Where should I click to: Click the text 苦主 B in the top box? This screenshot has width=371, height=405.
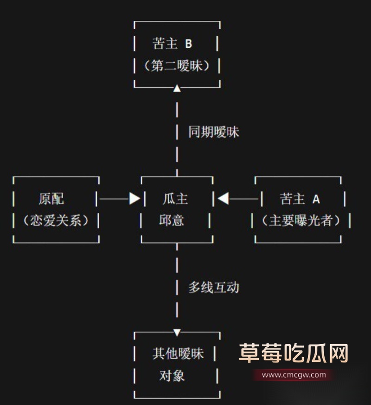coord(172,44)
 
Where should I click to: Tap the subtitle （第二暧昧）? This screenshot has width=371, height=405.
coord(177,66)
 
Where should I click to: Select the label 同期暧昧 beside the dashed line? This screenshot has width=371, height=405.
coord(213,132)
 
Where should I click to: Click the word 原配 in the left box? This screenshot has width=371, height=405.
coord(51,199)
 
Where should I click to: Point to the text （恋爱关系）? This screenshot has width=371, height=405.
coord(56,220)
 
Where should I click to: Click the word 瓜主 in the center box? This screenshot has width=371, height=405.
coord(175,199)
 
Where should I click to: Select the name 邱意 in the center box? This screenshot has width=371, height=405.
coord(172,220)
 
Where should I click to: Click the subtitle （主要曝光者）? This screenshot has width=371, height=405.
coord(301,220)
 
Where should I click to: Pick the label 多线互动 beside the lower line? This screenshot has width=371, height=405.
coord(213,287)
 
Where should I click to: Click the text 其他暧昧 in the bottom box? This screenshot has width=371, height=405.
coord(178,354)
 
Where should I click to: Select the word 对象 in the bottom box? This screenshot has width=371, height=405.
coord(172,375)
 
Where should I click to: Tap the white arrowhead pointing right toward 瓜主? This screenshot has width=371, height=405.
coord(134,199)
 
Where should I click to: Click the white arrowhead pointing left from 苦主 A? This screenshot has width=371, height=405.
coord(224,199)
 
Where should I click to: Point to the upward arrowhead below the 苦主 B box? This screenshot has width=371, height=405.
coord(177,89)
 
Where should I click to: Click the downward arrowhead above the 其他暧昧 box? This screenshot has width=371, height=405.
coord(177,332)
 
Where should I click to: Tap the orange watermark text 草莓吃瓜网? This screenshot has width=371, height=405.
coord(294,354)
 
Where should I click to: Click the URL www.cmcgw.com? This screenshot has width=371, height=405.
coord(294,375)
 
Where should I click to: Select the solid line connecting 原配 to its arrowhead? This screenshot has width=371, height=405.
coord(114,199)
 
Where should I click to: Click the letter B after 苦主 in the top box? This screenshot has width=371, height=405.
coord(188,44)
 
